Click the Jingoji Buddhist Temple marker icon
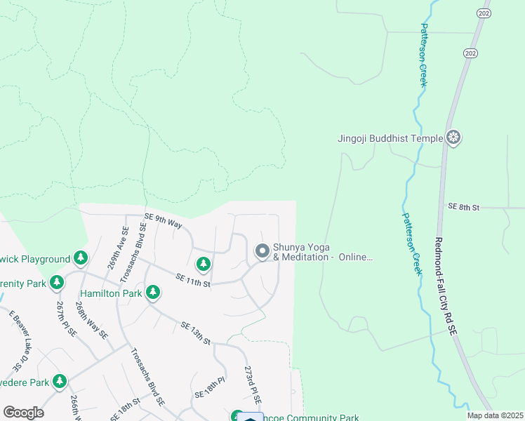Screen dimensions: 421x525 coord(453,138)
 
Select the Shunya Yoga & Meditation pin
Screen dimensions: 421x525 coord(262,250)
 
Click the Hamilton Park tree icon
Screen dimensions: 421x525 coord(152,293)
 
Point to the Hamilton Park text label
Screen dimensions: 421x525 coord(111,293)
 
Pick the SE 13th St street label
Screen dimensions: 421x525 coord(196,333)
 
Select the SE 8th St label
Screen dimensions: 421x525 coord(463,208)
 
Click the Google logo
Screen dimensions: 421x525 coord(24,413)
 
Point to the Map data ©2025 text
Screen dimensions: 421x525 coord(496,415)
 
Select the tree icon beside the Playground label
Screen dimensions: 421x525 coord(81,259)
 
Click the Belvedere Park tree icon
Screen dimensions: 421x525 coord(60,382)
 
